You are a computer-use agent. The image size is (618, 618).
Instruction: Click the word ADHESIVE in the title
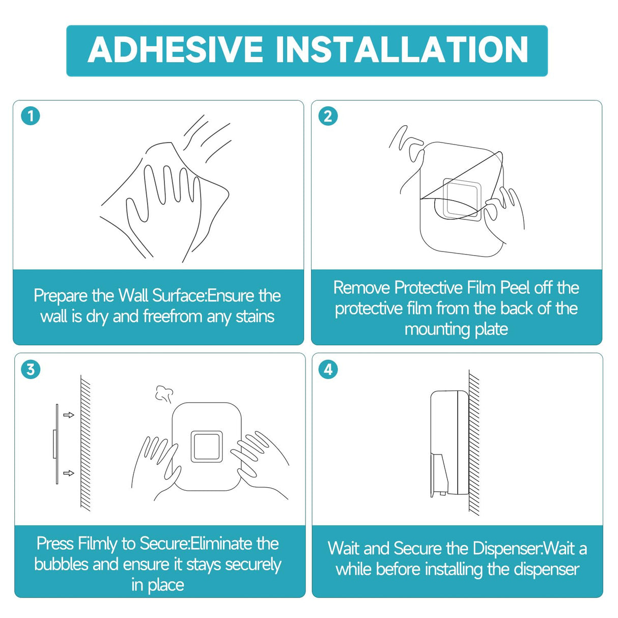tap(176, 49)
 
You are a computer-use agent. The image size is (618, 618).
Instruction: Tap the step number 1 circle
tap(31, 116)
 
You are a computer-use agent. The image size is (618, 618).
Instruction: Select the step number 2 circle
tap(328, 116)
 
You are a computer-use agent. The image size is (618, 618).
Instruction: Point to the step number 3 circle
tap(31, 369)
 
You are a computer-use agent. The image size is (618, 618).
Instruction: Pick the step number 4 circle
tap(328, 369)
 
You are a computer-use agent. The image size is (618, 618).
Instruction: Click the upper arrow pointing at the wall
tap(69, 415)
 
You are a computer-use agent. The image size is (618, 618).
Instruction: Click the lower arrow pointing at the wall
tap(69, 473)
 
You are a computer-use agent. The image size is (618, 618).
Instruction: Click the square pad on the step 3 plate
tap(207, 447)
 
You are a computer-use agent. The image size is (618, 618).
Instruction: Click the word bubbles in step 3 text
tap(61, 565)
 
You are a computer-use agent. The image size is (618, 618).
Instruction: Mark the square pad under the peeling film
tap(462, 199)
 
